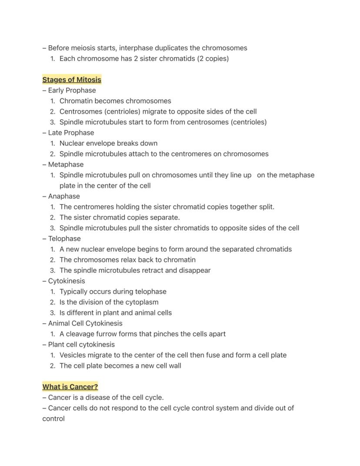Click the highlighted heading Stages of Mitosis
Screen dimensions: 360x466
(x=72, y=80)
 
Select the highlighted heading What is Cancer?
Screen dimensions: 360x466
(x=70, y=387)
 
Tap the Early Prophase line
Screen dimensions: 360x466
(x=72, y=91)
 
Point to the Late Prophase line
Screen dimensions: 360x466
(x=71, y=133)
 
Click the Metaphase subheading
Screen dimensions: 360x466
(x=66, y=164)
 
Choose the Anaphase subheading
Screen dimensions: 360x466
(x=64, y=196)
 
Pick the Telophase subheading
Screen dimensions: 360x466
(x=64, y=238)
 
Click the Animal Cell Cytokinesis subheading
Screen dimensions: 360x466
(x=85, y=323)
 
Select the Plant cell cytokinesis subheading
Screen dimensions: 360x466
(x=81, y=345)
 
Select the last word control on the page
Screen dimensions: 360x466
(x=53, y=419)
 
